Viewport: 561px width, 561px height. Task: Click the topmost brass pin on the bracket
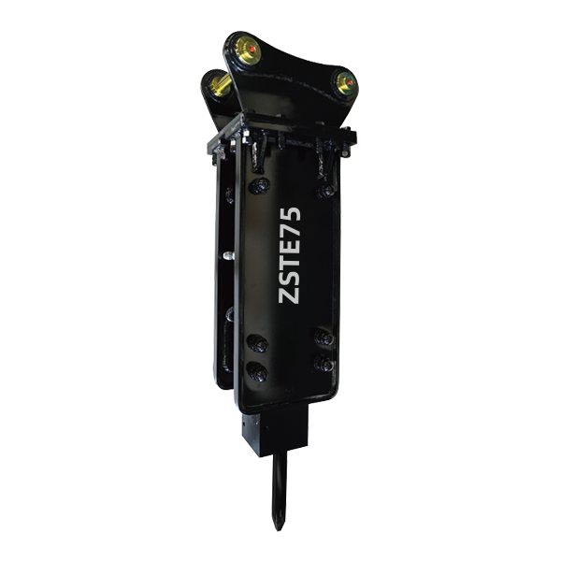click(248, 50)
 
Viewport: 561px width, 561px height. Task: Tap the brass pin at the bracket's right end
click(346, 83)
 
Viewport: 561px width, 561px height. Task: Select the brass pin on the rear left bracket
click(220, 85)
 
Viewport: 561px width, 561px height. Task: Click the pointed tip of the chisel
click(279, 528)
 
